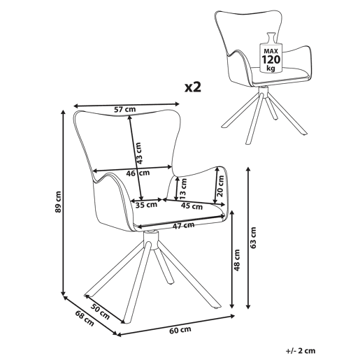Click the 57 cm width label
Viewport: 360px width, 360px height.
[x=124, y=109]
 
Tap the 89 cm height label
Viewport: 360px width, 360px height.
[x=58, y=202]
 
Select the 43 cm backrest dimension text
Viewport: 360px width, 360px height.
[x=138, y=153]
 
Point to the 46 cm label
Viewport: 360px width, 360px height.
[x=138, y=173]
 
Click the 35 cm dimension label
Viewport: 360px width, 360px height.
[x=147, y=205]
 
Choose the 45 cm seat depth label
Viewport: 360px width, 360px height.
[x=192, y=206]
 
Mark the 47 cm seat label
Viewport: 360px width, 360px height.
[x=183, y=226]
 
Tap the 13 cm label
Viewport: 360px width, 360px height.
[x=184, y=189]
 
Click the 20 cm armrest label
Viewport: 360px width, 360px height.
[x=220, y=187]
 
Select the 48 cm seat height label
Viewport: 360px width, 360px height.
[x=237, y=260]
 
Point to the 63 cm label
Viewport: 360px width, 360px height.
[x=253, y=238]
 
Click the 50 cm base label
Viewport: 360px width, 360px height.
[x=100, y=312]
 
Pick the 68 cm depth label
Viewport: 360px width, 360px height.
[x=85, y=318]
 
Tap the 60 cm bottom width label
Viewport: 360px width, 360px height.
[x=180, y=330]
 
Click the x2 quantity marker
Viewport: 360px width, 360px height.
[x=193, y=87]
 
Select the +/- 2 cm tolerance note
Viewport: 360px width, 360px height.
[x=301, y=351]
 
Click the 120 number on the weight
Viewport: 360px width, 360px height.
[x=271, y=59]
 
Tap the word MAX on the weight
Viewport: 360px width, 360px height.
[x=271, y=51]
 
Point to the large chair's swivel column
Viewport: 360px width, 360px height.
[x=151, y=240]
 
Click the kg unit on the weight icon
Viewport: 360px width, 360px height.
[x=271, y=68]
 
